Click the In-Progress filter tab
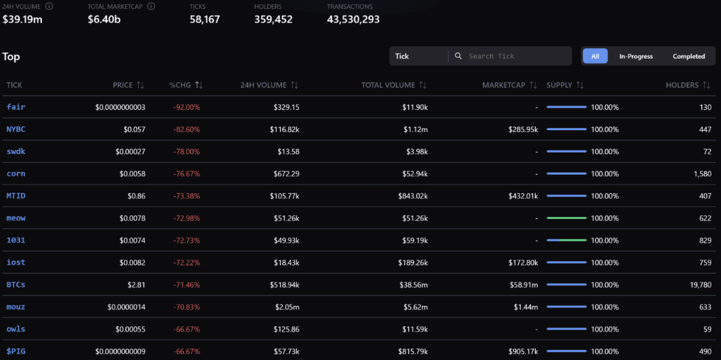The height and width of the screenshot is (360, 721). (x=636, y=56)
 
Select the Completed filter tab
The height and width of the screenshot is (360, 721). (x=688, y=56)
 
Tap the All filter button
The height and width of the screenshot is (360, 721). (x=595, y=56)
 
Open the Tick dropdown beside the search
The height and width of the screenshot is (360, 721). (x=418, y=56)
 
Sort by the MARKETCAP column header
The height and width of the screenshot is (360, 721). (x=509, y=85)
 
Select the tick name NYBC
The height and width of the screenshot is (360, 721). (x=16, y=129)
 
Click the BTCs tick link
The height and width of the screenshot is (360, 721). (x=16, y=285)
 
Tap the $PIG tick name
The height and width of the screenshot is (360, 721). (x=16, y=351)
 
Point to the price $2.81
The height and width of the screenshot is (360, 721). (x=136, y=285)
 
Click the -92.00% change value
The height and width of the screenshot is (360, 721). (x=187, y=107)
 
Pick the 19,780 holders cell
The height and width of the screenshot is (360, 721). (x=700, y=285)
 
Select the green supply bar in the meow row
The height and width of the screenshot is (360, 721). (x=566, y=218)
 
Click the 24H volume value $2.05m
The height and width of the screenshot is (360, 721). (x=285, y=307)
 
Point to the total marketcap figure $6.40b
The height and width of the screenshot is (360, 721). (x=104, y=19)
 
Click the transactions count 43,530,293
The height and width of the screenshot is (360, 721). (x=353, y=19)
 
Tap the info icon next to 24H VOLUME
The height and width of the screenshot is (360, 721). (x=50, y=6)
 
